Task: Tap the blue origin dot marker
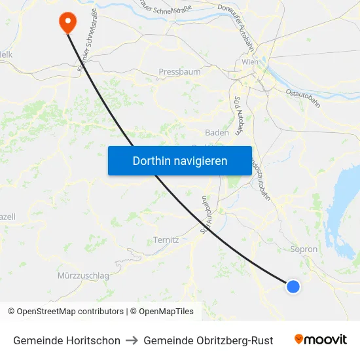click(293, 286)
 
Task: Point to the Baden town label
click(217, 132)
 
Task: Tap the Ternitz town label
click(166, 240)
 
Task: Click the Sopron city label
click(303, 249)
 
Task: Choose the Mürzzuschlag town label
click(83, 276)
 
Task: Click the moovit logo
click(321, 339)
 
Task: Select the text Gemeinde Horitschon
click(67, 340)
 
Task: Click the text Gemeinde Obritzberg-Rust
click(208, 340)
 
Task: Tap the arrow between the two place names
click(132, 340)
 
